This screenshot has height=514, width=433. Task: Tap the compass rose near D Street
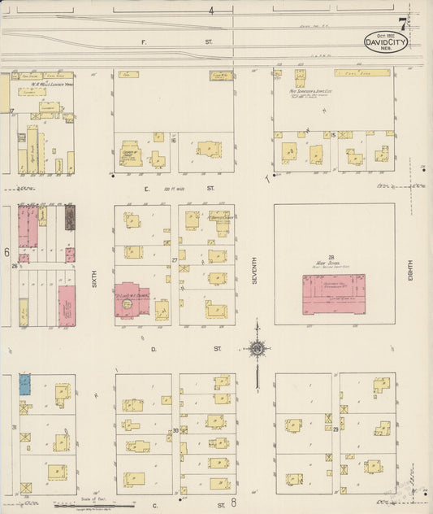(x=258, y=348)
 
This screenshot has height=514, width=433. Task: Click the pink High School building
(x=333, y=294)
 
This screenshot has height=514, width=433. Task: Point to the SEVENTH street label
(x=254, y=269)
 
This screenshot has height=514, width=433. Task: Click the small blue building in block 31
(x=24, y=384)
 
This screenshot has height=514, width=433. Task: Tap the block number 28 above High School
(x=333, y=255)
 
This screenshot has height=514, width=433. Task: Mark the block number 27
(x=175, y=260)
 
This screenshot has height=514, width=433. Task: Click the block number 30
(x=175, y=431)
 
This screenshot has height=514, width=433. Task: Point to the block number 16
(x=174, y=141)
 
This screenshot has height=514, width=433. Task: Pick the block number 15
(x=334, y=135)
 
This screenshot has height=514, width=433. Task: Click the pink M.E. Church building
(x=132, y=300)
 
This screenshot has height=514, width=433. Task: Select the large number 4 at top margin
(x=210, y=11)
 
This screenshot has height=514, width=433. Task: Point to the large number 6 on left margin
(x=6, y=252)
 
